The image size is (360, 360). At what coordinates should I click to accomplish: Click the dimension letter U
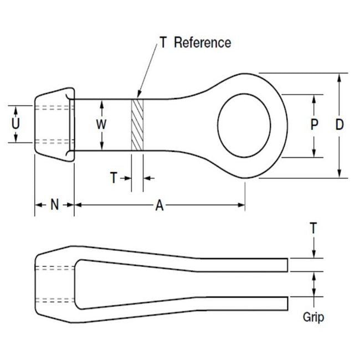tap(16, 124)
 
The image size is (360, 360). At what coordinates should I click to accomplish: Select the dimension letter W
tap(101, 125)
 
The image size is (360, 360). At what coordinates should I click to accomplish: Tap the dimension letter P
tap(314, 125)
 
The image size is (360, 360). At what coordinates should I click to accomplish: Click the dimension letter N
tap(54, 205)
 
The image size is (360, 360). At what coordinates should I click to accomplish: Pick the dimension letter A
tap(160, 205)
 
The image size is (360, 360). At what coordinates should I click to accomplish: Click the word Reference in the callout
tap(202, 43)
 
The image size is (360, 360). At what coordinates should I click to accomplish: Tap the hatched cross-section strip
tap(137, 125)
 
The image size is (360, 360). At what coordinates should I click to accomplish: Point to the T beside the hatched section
tap(114, 178)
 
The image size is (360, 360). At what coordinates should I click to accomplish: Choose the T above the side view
tap(313, 228)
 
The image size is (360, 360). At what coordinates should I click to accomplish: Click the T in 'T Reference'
tap(163, 43)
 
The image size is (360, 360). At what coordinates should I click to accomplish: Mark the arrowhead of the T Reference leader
tap(138, 95)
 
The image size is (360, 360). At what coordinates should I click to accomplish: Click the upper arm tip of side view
tap(285, 265)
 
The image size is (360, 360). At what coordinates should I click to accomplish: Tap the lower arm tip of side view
tap(285, 304)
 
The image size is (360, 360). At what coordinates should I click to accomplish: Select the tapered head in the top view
tap(54, 125)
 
